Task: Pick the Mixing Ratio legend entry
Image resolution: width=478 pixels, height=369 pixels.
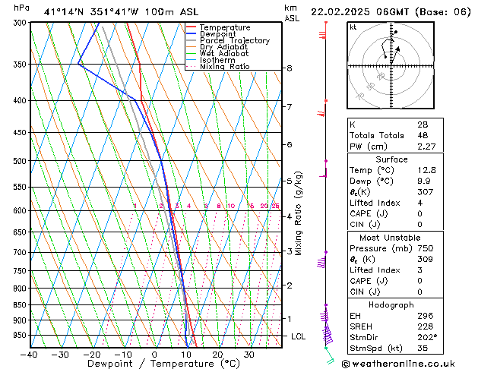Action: pos(225,67)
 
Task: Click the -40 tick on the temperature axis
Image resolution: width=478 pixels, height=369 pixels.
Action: pos(30,355)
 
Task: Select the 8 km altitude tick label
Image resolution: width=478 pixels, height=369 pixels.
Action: pos(289,68)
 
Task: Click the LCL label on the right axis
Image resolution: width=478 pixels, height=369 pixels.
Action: pos(298,336)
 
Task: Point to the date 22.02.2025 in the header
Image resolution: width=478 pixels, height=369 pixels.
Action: pos(346,11)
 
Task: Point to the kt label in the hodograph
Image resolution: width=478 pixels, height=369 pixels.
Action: pos(353,27)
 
